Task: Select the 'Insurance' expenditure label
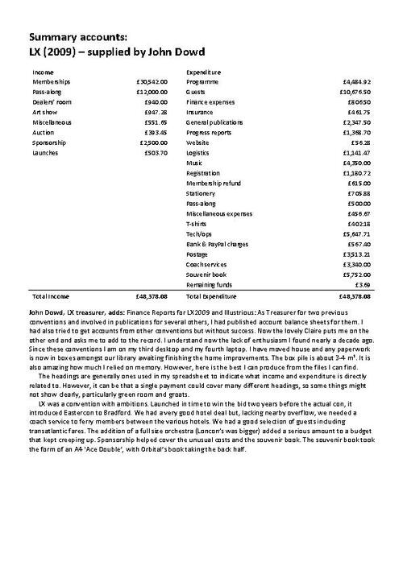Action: click(x=200, y=112)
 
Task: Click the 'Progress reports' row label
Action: click(x=209, y=131)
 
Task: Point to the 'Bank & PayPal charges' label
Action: click(x=218, y=243)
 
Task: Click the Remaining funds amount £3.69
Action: click(x=363, y=283)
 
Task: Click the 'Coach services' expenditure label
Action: click(x=206, y=263)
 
